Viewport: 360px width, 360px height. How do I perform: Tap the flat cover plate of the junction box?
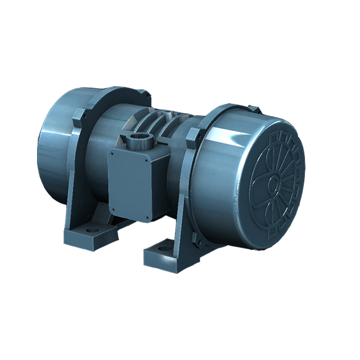130,179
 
